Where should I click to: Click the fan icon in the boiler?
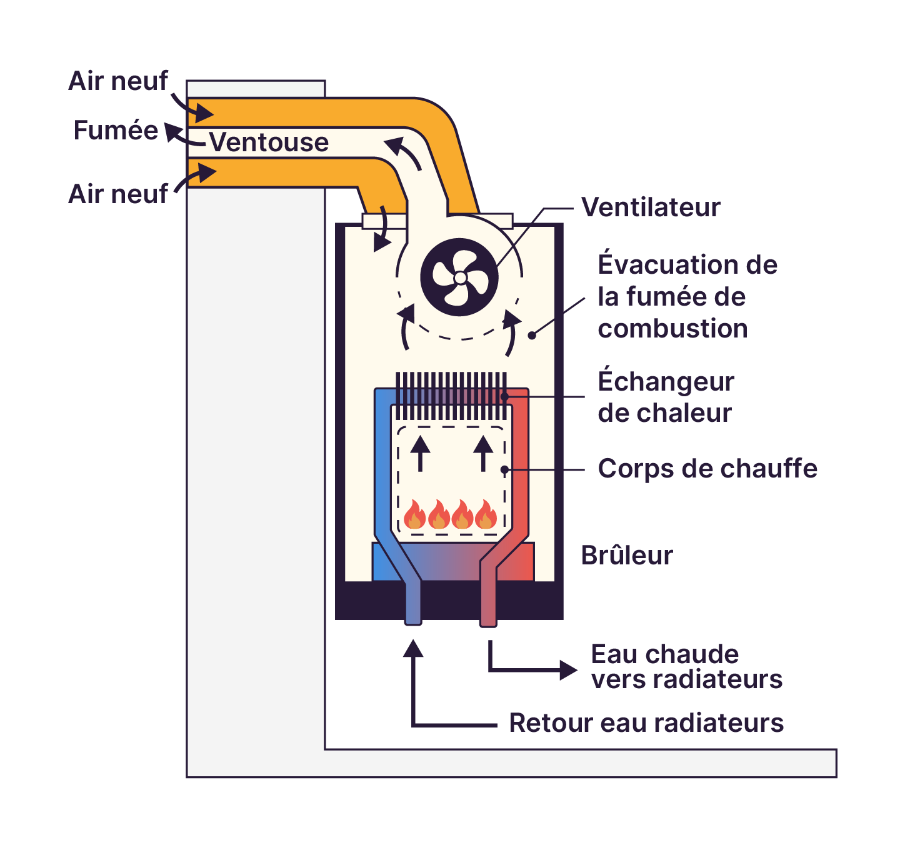coord(459,277)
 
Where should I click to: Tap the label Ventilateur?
coord(651,207)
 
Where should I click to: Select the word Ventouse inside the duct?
coord(269,142)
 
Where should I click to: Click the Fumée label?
coord(116,131)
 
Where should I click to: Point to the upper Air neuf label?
coord(117,81)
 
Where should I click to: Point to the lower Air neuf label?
coord(117,194)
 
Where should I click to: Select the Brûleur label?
coord(627,555)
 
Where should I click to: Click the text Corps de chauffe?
coord(707,469)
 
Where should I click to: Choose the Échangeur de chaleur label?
coord(666,397)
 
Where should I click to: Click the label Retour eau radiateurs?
coord(646,723)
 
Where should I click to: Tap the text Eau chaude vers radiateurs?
coord(686,667)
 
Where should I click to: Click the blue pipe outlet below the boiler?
coord(413,616)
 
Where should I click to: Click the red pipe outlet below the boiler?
coord(488,616)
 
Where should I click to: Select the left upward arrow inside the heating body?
coord(420,451)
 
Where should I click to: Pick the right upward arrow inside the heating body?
coord(483,451)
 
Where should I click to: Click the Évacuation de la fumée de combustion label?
coord(686,297)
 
